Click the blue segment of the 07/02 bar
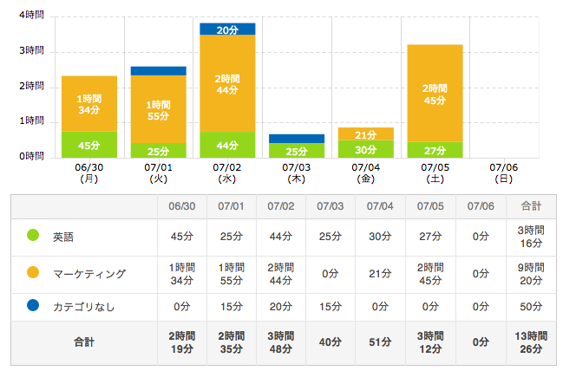227,29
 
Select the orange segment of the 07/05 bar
435,93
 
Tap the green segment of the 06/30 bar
88,144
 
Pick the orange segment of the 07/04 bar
365,133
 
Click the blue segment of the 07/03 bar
296,139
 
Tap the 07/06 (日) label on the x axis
504,173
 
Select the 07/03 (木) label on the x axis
296,173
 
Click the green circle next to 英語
34,236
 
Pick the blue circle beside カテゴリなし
34,305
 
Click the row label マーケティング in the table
89,274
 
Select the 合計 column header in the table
531,206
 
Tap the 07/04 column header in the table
380,206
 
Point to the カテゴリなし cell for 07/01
232,305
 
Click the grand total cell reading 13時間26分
531,342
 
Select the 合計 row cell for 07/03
331,342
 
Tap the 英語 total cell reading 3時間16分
531,236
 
